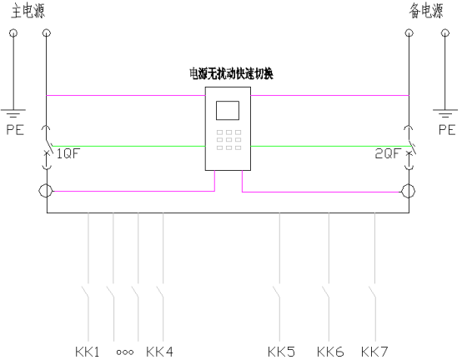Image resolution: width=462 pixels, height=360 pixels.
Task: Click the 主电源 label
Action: tap(28, 12)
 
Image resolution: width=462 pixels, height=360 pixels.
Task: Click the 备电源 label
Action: tap(426, 12)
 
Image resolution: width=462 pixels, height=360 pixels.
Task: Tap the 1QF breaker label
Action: tap(68, 153)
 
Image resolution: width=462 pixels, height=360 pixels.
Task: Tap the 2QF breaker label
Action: tap(388, 153)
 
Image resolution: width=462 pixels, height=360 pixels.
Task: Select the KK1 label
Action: tap(88, 352)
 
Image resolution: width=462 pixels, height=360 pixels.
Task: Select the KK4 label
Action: tap(159, 352)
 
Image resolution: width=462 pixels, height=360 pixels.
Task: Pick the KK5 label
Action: tap(281, 352)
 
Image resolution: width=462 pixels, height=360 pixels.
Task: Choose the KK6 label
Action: tap(330, 352)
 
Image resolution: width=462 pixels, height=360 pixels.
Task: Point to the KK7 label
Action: tap(374, 352)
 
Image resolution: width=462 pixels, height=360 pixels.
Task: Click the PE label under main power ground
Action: tap(15, 129)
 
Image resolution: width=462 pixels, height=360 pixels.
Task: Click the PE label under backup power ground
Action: tap(447, 129)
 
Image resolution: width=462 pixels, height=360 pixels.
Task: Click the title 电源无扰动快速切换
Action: tap(231, 73)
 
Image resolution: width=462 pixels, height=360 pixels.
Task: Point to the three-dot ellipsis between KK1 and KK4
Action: tap(125, 352)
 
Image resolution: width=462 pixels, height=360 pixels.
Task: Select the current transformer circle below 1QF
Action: tap(46, 191)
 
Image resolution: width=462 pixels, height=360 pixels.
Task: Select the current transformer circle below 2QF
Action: tap(409, 191)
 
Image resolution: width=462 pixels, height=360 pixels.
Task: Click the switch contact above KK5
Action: tap(277, 292)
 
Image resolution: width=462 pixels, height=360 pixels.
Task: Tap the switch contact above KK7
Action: tap(372, 292)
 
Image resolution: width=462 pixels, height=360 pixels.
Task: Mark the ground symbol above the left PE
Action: tap(13, 113)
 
